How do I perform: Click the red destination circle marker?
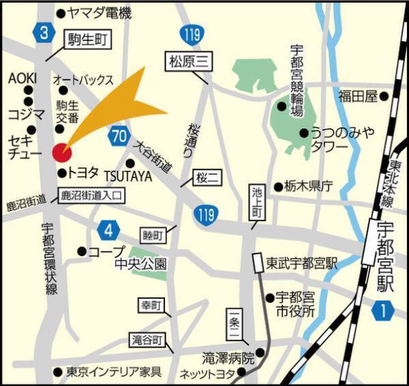coord(61,151)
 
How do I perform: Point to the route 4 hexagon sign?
coord(108,230)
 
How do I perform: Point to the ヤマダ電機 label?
coord(102,13)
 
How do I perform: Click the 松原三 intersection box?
coord(187,63)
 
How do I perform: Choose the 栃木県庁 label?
coord(307,186)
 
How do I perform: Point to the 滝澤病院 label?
coord(228,357)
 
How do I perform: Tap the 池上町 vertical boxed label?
coord(256,202)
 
